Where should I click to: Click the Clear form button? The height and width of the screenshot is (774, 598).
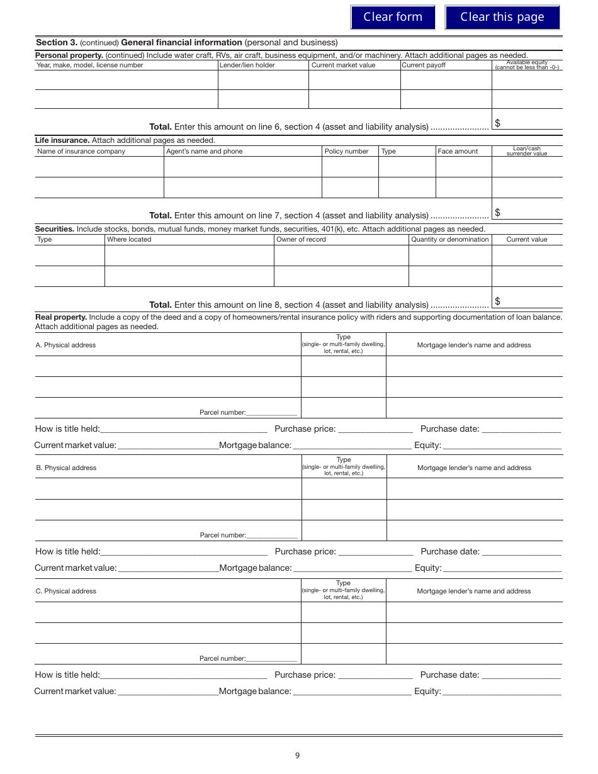tap(392, 17)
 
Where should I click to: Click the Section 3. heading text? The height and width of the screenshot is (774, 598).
tap(57, 43)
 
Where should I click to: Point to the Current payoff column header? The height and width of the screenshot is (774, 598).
tap(423, 65)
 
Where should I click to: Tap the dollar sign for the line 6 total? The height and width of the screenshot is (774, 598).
tap(497, 123)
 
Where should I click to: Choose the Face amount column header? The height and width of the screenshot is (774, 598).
tap(458, 151)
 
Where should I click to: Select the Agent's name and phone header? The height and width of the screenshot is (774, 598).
tap(204, 151)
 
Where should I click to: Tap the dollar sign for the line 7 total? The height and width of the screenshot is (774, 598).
tap(497, 213)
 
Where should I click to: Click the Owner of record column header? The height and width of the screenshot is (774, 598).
tap(301, 239)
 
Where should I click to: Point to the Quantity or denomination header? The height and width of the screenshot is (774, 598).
tap(449, 239)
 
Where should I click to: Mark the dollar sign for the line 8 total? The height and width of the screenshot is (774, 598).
tap(497, 301)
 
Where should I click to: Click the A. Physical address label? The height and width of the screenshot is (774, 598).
tap(65, 345)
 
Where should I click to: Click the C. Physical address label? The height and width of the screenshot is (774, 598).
tap(65, 591)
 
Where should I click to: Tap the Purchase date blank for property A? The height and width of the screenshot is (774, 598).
tap(521, 430)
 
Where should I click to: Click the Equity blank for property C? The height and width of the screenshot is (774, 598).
tap(502, 692)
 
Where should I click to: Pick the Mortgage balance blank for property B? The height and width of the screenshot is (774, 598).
tap(353, 569)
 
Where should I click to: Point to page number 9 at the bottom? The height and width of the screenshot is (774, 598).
tap(297, 756)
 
